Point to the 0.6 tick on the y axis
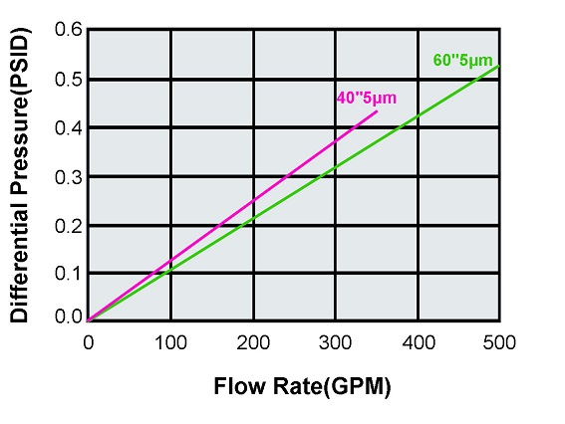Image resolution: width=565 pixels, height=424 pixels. click(69, 31)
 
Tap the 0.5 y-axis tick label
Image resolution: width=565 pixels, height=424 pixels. click(69, 80)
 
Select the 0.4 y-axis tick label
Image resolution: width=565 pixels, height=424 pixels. click(69, 128)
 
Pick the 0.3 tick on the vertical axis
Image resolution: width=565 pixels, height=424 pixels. click(69, 177)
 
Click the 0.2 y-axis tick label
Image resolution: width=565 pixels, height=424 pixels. click(69, 226)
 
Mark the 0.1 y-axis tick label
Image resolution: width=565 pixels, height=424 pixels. click(69, 274)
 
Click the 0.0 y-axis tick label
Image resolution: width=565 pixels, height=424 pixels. click(69, 318)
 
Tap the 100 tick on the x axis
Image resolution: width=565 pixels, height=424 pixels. click(171, 343)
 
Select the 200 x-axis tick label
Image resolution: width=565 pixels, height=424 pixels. click(254, 343)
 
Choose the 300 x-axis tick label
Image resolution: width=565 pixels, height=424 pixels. click(336, 343)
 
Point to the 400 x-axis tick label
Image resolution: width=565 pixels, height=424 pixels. click(419, 343)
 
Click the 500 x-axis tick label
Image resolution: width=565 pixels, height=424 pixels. click(499, 343)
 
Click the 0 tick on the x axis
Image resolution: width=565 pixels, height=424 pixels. click(89, 343)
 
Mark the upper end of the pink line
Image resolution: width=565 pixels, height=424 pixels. click(377, 110)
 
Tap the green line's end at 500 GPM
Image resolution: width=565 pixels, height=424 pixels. click(499, 66)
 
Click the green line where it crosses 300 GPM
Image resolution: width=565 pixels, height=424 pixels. click(336, 168)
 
